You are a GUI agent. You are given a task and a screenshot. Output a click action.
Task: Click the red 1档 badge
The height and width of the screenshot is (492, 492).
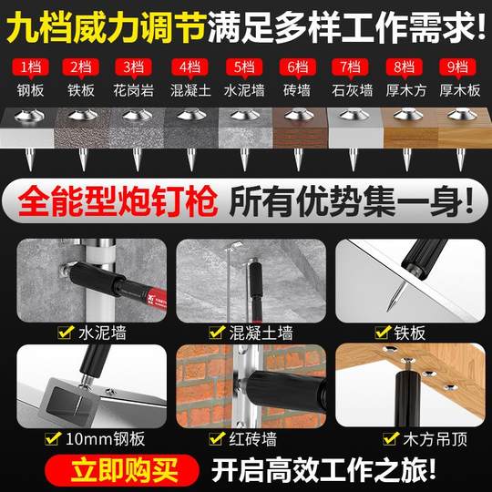click(x=30, y=67)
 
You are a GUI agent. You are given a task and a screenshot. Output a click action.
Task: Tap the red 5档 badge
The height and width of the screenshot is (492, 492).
click(x=244, y=67)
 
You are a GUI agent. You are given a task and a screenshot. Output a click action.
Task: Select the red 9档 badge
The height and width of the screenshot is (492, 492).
click(x=457, y=67)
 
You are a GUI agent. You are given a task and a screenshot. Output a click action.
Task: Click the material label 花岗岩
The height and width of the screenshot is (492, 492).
click(x=134, y=91)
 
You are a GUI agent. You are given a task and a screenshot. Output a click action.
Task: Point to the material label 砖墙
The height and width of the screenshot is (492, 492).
click(x=297, y=91)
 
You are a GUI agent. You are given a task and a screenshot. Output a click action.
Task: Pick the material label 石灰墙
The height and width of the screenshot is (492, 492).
click(x=353, y=91)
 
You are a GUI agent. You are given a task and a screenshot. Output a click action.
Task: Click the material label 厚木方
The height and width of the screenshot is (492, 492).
click(x=406, y=91)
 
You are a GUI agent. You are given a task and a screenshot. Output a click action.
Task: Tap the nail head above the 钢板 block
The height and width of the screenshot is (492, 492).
click(x=29, y=116)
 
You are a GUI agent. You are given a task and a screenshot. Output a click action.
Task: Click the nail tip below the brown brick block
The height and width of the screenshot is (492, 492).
click(x=299, y=169)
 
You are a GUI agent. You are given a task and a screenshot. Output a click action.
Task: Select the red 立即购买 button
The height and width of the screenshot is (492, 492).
click(x=122, y=470)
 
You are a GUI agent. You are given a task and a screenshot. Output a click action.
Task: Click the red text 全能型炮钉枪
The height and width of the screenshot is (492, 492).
click(x=118, y=200)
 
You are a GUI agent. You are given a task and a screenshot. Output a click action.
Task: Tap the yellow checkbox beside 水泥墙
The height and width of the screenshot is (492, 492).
click(x=66, y=333)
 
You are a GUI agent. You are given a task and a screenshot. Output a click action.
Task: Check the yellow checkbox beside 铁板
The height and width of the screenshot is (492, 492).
click(x=383, y=333)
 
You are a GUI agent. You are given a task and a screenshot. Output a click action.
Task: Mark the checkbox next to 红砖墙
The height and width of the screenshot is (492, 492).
click(x=217, y=438)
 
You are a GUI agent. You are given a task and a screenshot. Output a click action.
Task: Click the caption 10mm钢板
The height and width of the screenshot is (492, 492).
click(x=106, y=438)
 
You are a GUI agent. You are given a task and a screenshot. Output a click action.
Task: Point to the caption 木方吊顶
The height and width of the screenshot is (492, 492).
click(x=436, y=439)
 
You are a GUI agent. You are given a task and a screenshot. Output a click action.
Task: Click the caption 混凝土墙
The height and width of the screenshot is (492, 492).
click(x=261, y=333)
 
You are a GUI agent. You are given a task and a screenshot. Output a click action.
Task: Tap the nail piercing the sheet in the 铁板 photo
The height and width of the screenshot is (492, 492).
click(x=395, y=295)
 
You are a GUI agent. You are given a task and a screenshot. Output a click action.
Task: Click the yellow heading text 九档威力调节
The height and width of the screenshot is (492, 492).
click(x=106, y=27)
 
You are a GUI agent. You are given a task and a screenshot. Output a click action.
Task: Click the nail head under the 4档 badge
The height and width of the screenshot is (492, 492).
click(x=191, y=116)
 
